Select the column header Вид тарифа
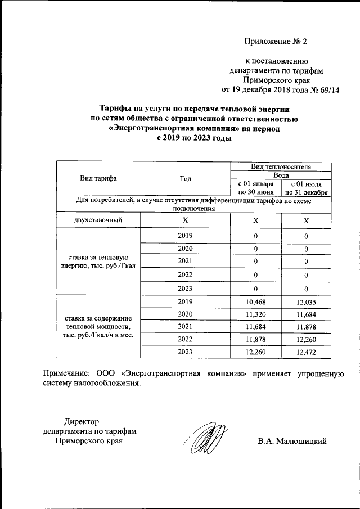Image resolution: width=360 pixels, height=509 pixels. click(98, 178)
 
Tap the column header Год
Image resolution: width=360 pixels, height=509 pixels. click(186, 178)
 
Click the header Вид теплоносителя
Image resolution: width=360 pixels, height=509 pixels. click(281, 166)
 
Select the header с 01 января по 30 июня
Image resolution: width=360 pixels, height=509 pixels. click(255, 188)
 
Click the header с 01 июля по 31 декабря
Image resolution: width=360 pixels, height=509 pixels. click(306, 188)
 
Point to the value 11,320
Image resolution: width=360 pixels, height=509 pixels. click(255, 314)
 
